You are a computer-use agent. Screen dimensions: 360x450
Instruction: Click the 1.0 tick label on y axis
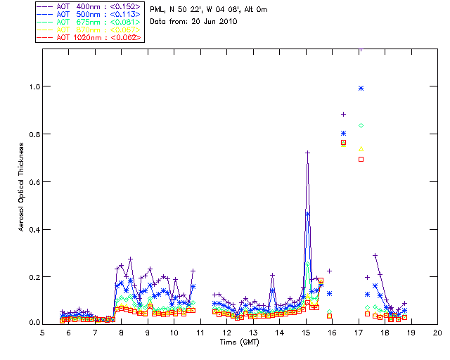(32, 86)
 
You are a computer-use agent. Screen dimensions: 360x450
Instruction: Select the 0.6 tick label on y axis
(32, 182)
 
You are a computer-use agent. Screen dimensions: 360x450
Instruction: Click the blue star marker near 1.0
(361, 88)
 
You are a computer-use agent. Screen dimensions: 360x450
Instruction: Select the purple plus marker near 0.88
(343, 114)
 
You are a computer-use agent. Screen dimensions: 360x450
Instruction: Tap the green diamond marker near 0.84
(361, 125)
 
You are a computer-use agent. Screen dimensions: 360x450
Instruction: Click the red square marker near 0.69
(361, 159)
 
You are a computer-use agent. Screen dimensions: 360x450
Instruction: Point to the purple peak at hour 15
(307, 153)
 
